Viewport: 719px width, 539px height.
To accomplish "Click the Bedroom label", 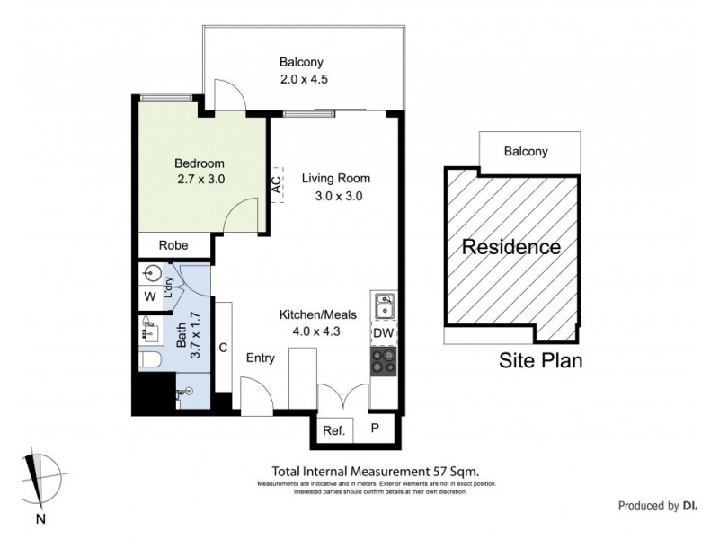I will tap(200, 163).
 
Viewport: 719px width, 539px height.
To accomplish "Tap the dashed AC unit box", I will tap(277, 184).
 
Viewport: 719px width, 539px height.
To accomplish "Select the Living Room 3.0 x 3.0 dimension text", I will tap(336, 198).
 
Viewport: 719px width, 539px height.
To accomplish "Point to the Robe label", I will tap(173, 245).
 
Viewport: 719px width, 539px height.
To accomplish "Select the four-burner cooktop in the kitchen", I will tap(384, 361).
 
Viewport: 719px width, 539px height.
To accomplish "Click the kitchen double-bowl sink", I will tap(384, 305).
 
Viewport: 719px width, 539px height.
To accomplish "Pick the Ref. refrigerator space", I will tap(333, 430).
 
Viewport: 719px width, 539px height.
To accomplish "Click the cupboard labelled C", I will tap(223, 348).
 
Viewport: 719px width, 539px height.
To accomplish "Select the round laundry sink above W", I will tap(150, 273).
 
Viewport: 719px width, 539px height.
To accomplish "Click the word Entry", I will tap(261, 358).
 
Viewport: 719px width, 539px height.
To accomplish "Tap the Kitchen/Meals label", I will tap(318, 314).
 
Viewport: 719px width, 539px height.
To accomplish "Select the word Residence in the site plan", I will tap(510, 247).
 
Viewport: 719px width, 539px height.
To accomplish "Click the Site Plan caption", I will tap(541, 362).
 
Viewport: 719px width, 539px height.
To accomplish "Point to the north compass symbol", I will tap(40, 481).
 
